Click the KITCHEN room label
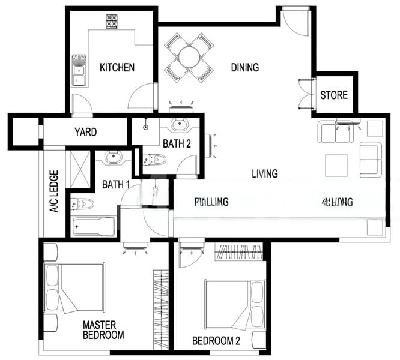[x=117, y=67]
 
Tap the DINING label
[x=244, y=67]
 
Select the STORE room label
[x=333, y=95]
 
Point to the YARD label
[x=85, y=132]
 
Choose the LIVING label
[x=264, y=174]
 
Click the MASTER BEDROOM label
[x=103, y=330]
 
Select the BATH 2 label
[x=177, y=143]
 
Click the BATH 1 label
[x=115, y=184]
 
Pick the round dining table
[x=189, y=58]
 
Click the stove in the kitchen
[x=112, y=20]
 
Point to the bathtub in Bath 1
[x=93, y=227]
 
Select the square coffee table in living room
[x=336, y=165]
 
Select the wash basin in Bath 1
[x=113, y=157]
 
